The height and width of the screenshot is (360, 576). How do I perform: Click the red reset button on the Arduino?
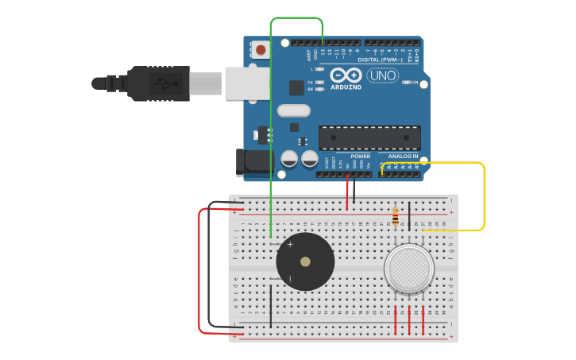[261, 49]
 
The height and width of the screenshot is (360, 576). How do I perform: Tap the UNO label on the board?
[383, 75]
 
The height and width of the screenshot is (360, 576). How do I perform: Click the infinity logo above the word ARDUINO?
[346, 75]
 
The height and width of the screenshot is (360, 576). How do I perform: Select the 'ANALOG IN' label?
[403, 157]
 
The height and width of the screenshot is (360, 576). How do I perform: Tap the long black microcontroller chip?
[369, 137]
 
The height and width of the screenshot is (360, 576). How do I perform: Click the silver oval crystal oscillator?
[293, 111]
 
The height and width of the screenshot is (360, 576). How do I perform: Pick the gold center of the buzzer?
[305, 261]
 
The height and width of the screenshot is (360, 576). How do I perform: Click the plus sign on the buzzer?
[290, 245]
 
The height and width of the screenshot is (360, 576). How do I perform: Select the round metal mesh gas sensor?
[409, 268]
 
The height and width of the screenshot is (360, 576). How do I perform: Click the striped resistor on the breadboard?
[396, 215]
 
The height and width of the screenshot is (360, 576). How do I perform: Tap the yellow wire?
[483, 199]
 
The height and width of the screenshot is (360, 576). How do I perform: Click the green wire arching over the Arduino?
[296, 17]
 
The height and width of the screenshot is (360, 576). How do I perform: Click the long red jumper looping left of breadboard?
[199, 270]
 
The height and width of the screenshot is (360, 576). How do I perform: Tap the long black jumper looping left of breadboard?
[209, 270]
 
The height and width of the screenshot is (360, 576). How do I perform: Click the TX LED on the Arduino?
[319, 82]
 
